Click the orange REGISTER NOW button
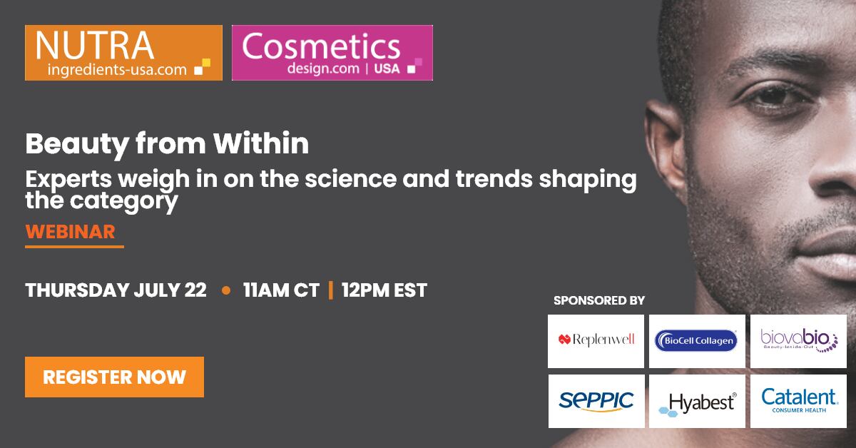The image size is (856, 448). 114,377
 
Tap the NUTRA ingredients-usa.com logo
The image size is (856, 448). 123,53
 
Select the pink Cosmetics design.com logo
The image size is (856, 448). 332,53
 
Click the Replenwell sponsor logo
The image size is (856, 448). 596,341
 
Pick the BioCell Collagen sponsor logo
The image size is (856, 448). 697,341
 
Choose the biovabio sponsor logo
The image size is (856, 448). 798,341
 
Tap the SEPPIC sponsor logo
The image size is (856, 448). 596,401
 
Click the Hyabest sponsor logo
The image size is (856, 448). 697,401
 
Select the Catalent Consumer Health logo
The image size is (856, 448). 798,401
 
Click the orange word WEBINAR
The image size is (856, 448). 71,232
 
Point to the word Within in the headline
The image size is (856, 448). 261,143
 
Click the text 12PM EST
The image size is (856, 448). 384,290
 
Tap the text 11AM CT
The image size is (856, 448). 281,290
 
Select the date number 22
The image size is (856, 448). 195,290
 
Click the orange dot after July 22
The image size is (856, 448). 226,290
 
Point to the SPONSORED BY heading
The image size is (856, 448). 599,300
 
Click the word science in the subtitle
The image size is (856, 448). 350,179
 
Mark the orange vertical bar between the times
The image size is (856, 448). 330,290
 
